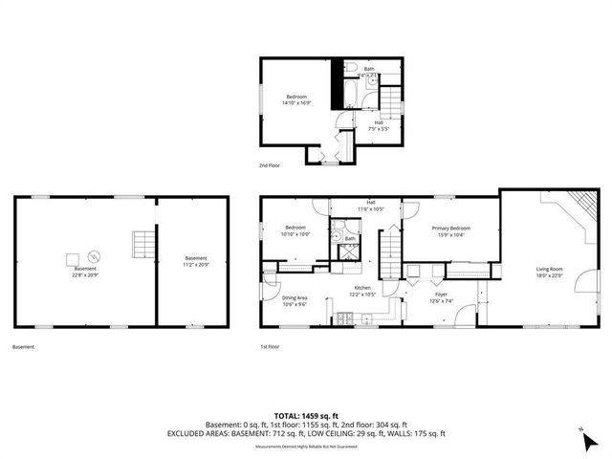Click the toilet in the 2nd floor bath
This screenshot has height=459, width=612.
[x=350, y=69]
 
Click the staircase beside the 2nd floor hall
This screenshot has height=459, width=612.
[x=393, y=99]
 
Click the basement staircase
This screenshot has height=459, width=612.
[x=142, y=245]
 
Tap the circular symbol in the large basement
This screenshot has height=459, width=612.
[x=94, y=256]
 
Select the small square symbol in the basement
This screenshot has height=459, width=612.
[x=73, y=257]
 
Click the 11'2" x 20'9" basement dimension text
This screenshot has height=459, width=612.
[x=195, y=263]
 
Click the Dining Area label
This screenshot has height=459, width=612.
[x=295, y=298]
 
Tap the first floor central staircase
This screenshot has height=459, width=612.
[x=389, y=253]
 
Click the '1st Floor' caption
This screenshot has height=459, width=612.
[x=270, y=347]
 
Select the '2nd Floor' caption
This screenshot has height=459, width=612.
[x=270, y=165]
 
